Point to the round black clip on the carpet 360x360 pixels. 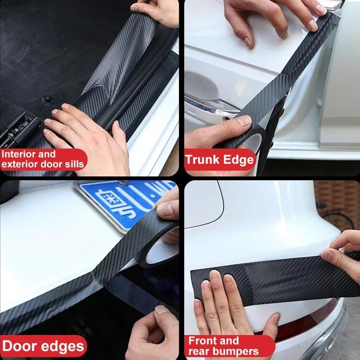tap(46, 99)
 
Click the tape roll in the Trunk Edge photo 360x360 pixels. tap(252, 139)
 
